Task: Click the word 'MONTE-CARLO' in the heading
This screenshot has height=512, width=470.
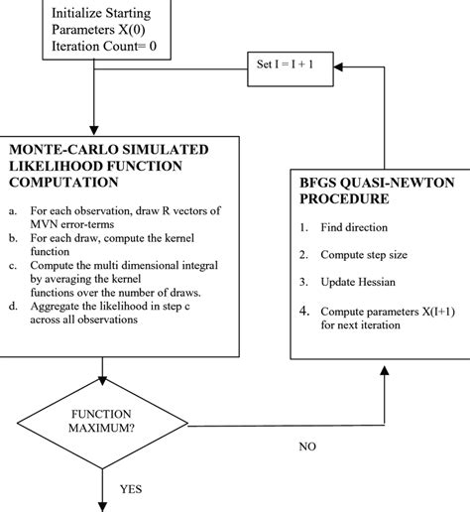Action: (x=59, y=149)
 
